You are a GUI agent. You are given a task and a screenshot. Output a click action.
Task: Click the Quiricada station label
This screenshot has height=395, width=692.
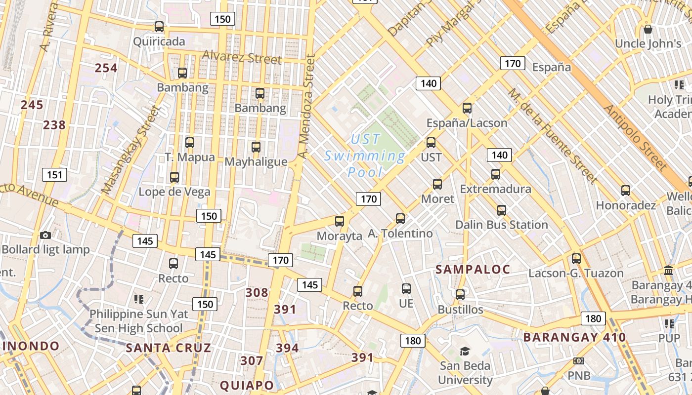coord(159,41)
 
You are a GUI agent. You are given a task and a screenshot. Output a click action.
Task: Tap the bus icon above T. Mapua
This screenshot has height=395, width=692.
coord(190,143)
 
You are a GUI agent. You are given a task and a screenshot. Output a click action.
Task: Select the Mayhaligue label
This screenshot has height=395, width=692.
coord(256,162)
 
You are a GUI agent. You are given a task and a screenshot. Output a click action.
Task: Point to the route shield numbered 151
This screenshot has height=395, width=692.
coord(54,174)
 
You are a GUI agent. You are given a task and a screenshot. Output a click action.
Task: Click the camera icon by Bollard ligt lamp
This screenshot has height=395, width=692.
coord(45,235)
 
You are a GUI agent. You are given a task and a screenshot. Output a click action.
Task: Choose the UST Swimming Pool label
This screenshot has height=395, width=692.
coord(365,156)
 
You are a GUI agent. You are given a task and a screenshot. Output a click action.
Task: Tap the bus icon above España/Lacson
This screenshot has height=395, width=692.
coord(467,108)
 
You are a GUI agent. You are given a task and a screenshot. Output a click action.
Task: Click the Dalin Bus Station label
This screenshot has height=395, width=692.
coord(501,225)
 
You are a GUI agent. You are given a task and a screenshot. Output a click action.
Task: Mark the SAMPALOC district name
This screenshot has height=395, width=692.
coord(473,269)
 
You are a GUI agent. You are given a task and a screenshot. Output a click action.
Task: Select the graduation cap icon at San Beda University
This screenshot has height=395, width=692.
coord(465,351)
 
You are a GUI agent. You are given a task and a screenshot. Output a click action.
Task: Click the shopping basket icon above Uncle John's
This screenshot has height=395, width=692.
coord(648,29)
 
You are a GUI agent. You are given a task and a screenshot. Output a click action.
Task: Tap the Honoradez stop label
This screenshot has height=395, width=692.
coord(626,205)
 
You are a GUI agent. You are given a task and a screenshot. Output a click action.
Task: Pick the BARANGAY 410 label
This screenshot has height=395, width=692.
coord(574,338)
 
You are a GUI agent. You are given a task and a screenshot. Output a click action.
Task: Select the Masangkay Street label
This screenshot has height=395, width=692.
coord(131,149)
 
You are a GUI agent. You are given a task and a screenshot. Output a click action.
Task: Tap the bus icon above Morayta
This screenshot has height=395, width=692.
coord(340,221)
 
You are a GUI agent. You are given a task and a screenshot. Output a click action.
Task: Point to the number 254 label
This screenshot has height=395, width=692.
coord(106,68)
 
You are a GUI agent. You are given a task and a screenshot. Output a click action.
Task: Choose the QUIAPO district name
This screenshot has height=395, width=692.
coord(247,385)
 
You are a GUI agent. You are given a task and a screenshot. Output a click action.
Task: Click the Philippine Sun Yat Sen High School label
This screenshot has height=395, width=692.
coord(138,321)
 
